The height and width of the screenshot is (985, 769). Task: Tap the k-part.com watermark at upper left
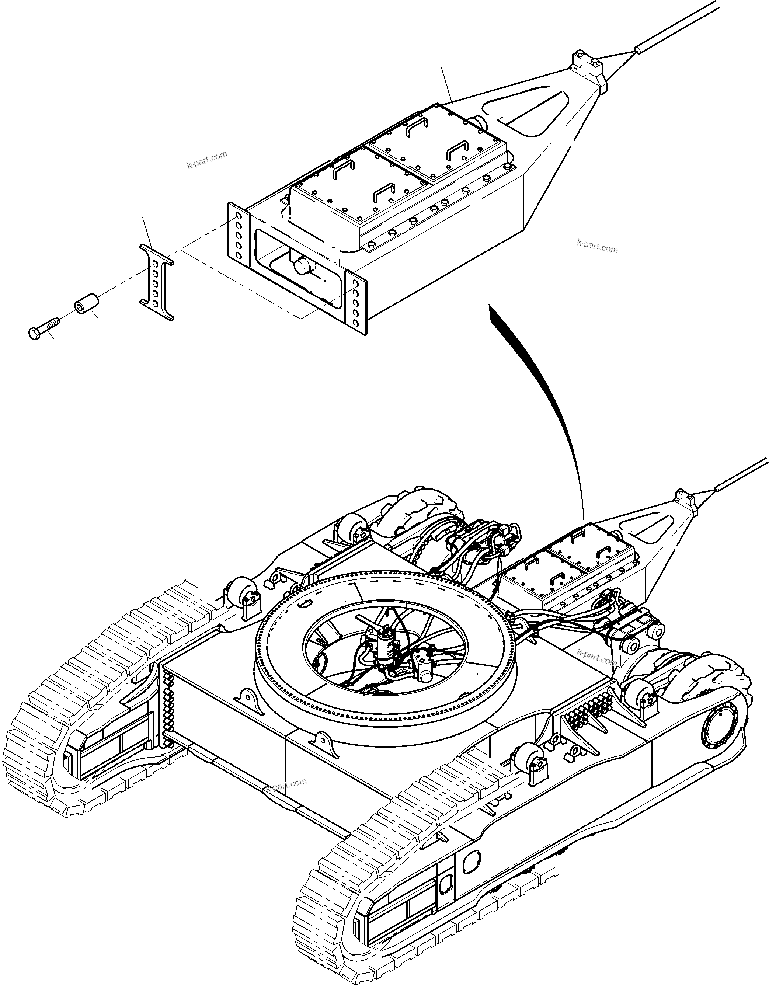207,160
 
